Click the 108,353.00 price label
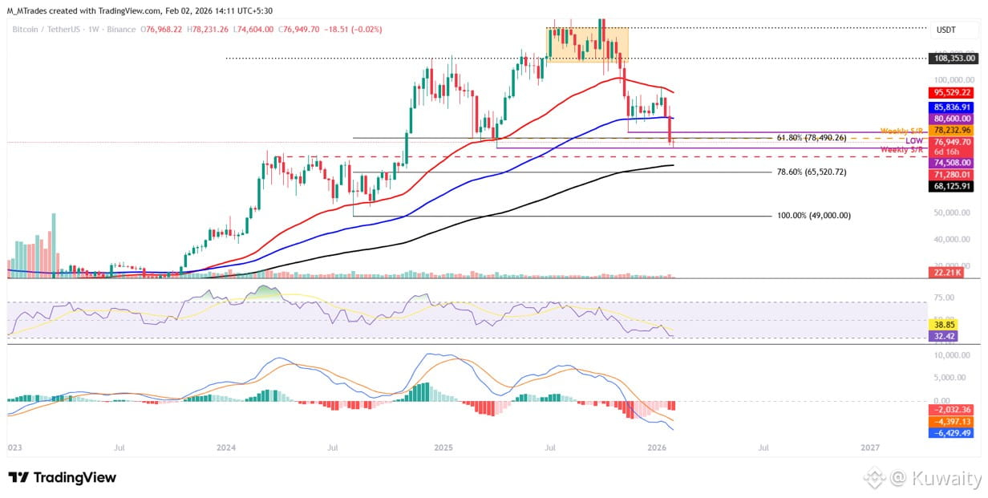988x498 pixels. [953, 59]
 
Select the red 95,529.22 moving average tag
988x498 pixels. [953, 93]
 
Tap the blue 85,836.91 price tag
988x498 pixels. [953, 107]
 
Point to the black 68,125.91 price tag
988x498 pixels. [953, 186]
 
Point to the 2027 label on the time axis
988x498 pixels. [869, 446]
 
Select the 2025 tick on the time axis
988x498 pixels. [442, 446]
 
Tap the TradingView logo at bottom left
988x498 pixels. [63, 478]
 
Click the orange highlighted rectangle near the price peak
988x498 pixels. [587, 45]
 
